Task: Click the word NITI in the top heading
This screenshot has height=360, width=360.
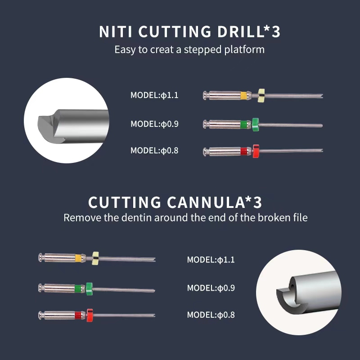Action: (x=116, y=32)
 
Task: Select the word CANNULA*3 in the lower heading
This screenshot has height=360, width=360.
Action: (x=211, y=202)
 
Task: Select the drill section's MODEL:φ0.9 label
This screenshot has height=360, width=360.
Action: (x=154, y=124)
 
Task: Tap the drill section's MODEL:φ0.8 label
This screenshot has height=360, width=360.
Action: (x=154, y=151)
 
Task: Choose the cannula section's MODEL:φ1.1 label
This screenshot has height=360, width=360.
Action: (x=211, y=260)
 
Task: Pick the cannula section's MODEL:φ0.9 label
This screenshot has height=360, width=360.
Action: (x=211, y=288)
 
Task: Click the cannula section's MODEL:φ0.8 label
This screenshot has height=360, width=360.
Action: (x=211, y=315)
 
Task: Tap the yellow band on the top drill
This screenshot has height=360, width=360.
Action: (x=243, y=95)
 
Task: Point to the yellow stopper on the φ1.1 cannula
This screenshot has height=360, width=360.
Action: (x=95, y=257)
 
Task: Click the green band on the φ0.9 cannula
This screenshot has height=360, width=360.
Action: (x=78, y=287)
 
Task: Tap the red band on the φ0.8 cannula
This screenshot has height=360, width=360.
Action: (x=78, y=314)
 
